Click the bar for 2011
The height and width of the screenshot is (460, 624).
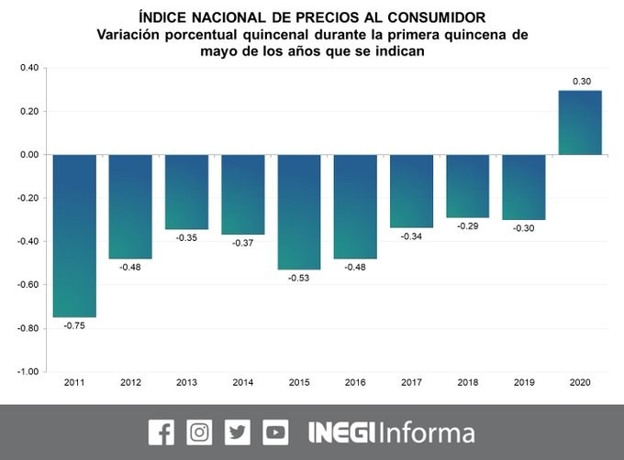click(x=74, y=235)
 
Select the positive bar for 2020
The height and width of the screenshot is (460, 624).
click(x=581, y=123)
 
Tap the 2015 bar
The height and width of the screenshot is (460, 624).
click(x=299, y=212)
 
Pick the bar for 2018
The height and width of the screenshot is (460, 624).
click(x=468, y=186)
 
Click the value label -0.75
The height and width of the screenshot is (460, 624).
click(x=74, y=325)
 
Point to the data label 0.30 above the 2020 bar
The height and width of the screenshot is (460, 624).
click(x=581, y=82)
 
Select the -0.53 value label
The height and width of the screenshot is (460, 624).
click(x=299, y=278)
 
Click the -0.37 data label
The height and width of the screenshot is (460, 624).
click(x=243, y=243)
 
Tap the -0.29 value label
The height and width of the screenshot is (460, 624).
click(x=468, y=225)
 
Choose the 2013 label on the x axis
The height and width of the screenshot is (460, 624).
click(x=186, y=381)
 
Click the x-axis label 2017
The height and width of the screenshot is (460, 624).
click(x=412, y=381)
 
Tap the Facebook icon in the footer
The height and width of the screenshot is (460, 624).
click(x=161, y=432)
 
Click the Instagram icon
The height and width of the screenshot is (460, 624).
click(x=199, y=432)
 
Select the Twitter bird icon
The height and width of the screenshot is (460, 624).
click(x=238, y=432)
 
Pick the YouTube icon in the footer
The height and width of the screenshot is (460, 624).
click(x=275, y=432)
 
